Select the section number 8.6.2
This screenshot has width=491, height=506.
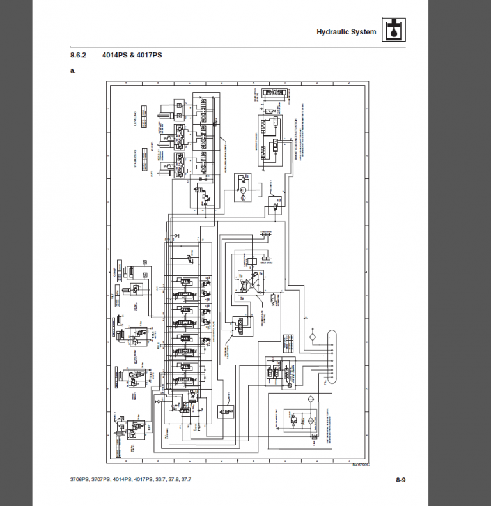[x=78, y=56]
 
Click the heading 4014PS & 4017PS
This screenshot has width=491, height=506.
[x=132, y=56]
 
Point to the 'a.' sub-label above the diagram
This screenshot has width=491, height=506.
[x=73, y=70]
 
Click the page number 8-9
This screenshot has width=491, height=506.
[x=401, y=480]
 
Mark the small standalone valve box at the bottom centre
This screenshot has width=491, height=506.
[x=226, y=413]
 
